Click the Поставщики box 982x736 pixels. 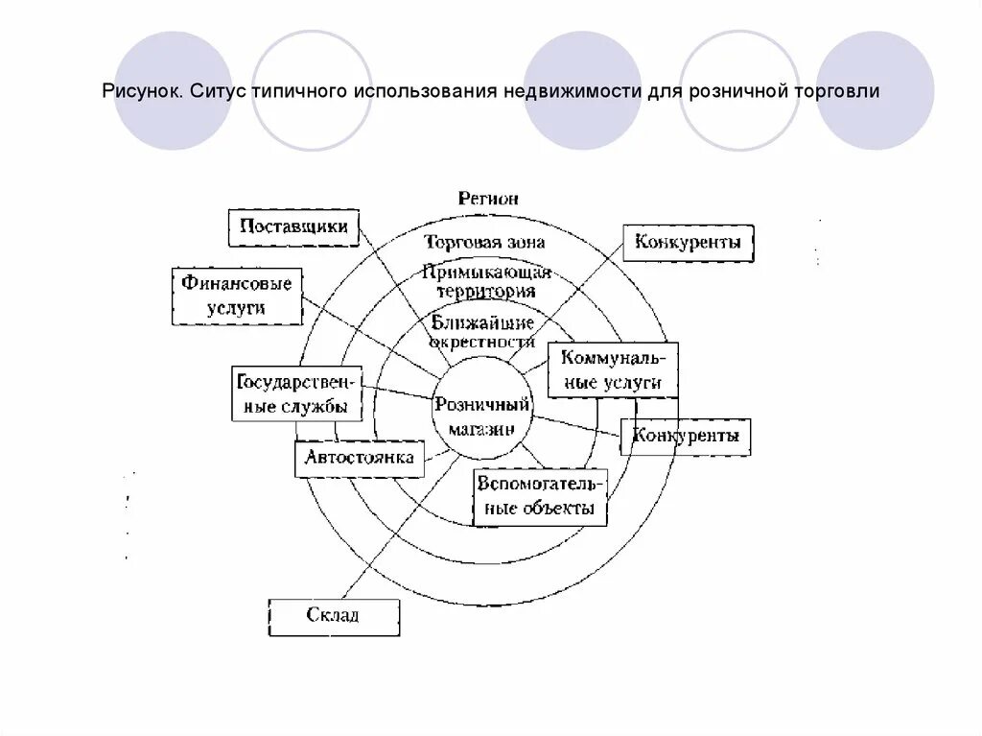(293, 227)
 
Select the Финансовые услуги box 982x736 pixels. (235, 296)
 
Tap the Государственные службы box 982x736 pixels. (297, 394)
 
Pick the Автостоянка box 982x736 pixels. (360, 458)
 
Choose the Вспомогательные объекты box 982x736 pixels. (540, 496)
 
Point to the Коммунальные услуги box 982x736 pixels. (613, 369)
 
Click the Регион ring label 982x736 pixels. (487, 199)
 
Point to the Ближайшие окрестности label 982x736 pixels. (482, 331)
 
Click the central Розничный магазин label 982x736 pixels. (482, 415)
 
